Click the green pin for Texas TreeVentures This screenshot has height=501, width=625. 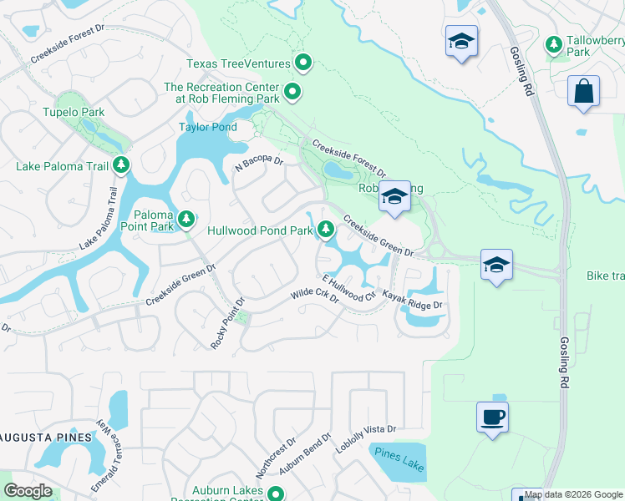[303, 63]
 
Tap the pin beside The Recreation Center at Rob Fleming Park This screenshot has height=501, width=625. [292, 93]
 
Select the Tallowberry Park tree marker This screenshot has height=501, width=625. [552, 43]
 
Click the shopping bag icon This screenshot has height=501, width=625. [583, 90]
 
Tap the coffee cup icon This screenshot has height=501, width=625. [492, 416]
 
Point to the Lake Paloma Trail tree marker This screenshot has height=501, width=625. [122, 165]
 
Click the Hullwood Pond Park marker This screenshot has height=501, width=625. [325, 228]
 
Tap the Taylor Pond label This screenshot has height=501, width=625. [203, 128]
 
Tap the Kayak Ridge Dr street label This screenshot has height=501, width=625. [411, 300]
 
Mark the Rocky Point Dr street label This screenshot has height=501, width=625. [227, 323]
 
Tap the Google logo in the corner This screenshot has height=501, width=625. [28, 491]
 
